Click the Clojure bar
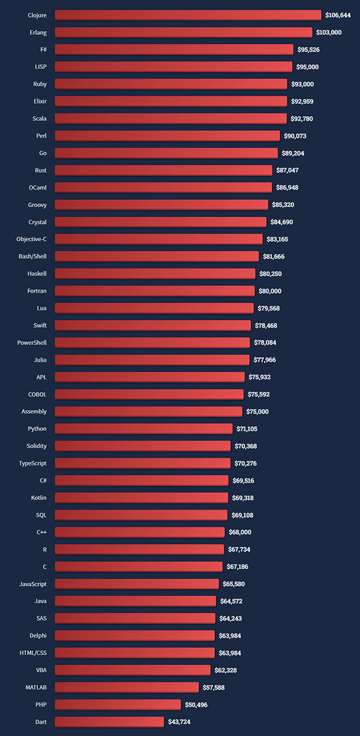[188, 15]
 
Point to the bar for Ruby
[171, 84]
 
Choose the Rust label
[41, 170]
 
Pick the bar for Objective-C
[158, 239]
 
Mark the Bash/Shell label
[32, 256]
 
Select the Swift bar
[153, 325]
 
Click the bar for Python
[143, 429]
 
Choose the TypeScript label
[33, 463]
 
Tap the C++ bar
[140, 532]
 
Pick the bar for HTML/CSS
[134, 653]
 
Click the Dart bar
[109, 722]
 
